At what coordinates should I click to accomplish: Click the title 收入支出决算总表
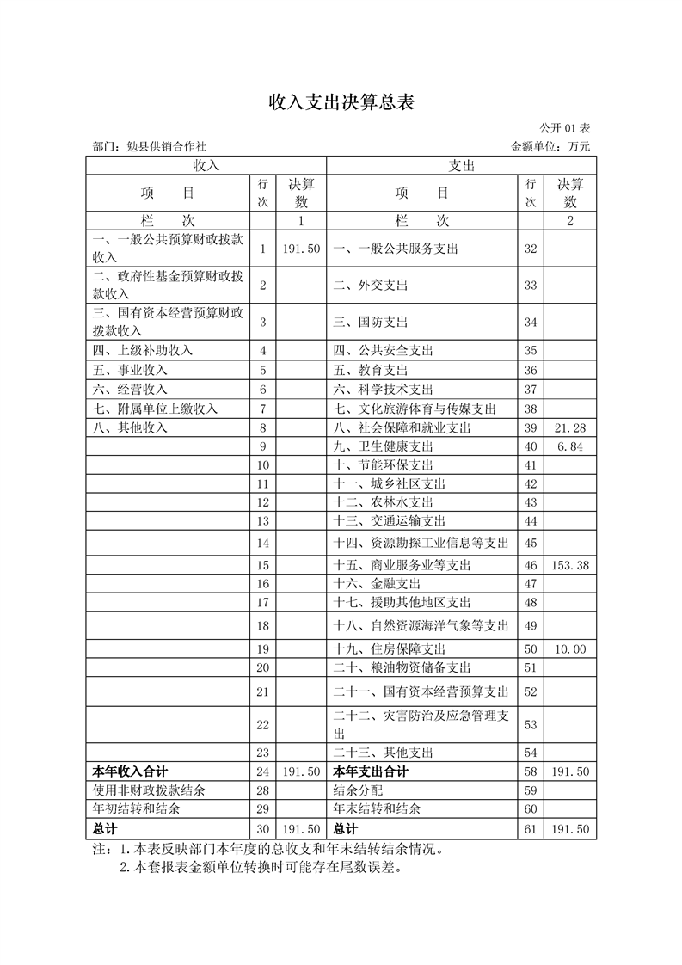tap(341, 103)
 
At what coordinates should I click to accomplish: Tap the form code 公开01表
tap(564, 129)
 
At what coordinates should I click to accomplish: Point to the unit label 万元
tap(579, 147)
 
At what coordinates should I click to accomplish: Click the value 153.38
tap(570, 565)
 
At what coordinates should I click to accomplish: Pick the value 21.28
tap(570, 427)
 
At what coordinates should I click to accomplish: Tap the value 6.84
tap(570, 446)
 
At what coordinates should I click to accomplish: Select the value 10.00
tap(570, 648)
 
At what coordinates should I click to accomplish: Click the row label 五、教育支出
tap(371, 370)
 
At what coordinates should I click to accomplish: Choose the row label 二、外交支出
tap(371, 285)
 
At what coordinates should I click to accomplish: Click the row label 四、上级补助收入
tap(143, 350)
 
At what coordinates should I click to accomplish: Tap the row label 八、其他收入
tap(130, 427)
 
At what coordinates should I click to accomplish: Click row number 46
tap(530, 565)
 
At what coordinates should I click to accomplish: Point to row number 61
tap(530, 829)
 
